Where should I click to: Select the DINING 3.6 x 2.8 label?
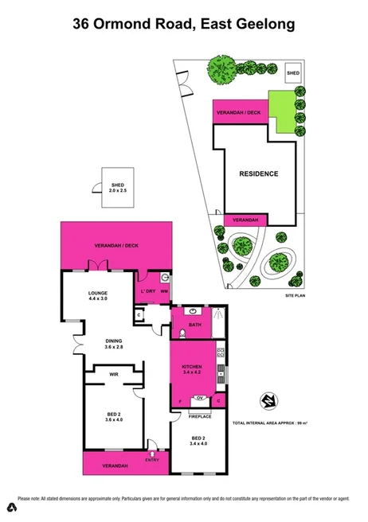(114, 345)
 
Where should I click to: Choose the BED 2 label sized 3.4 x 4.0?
(198, 442)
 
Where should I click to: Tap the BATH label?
(194, 325)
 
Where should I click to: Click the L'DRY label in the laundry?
(147, 290)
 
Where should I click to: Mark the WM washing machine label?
(164, 291)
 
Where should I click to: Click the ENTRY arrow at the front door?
(152, 456)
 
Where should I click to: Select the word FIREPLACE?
(199, 416)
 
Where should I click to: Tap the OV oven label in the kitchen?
(199, 398)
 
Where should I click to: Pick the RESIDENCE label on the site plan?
(259, 173)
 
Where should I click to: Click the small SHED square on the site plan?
(293, 71)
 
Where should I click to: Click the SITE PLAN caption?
(296, 294)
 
